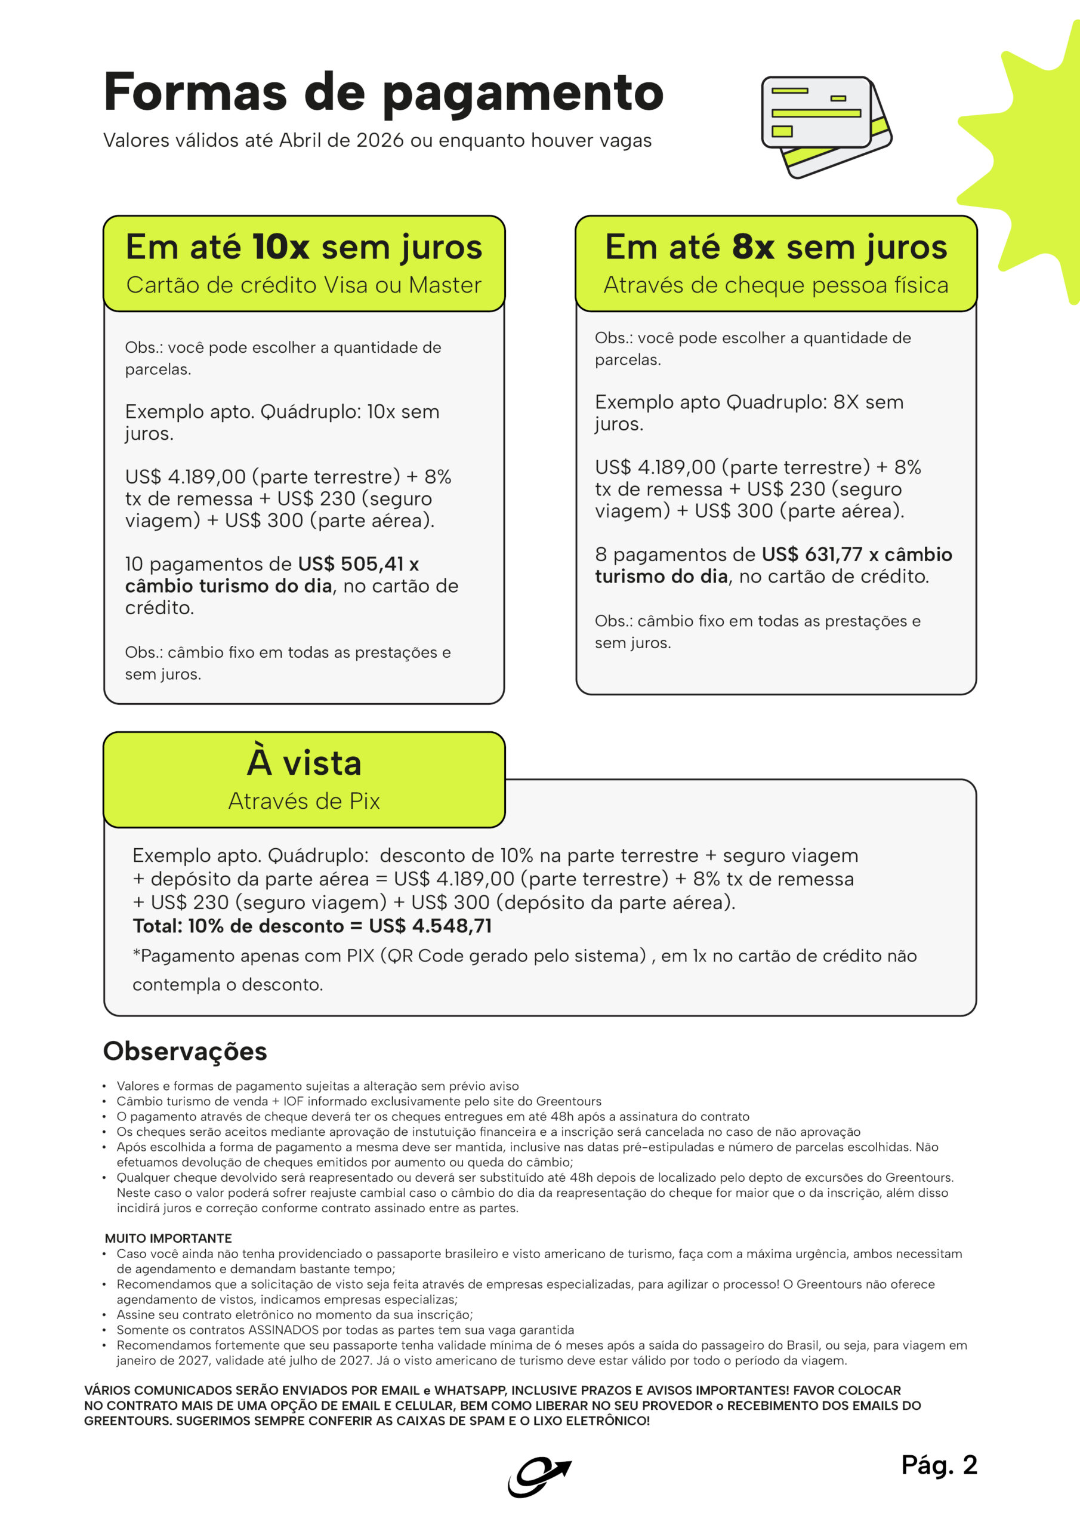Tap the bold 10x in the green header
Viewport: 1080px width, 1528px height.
[x=281, y=247]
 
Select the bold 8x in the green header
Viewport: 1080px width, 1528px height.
[x=752, y=247]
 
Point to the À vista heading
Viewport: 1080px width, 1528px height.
[x=304, y=763]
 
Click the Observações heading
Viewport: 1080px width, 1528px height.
[x=185, y=1052]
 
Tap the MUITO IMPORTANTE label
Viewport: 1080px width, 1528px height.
[x=168, y=1238]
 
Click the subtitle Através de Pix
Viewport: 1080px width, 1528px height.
[x=304, y=801]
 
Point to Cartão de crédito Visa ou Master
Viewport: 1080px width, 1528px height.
[x=304, y=285]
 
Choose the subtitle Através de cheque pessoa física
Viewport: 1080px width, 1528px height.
[x=776, y=285]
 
